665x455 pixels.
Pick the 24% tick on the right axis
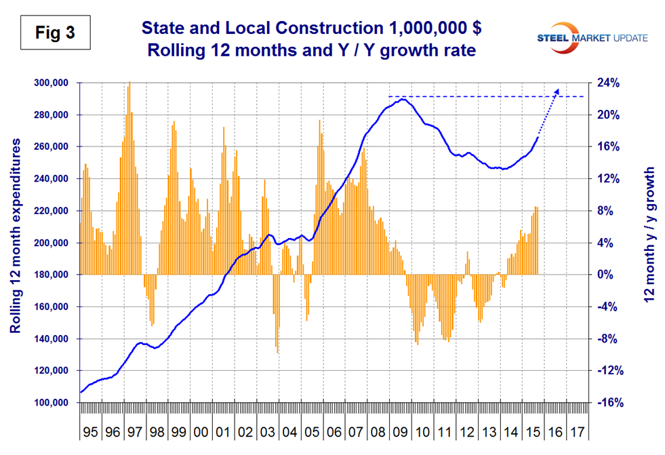click(x=609, y=83)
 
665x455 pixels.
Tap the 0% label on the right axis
click(x=605, y=275)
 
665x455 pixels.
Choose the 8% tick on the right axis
click(x=605, y=211)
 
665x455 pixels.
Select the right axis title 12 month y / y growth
click(x=650, y=243)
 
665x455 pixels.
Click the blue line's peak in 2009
click(x=403, y=99)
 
